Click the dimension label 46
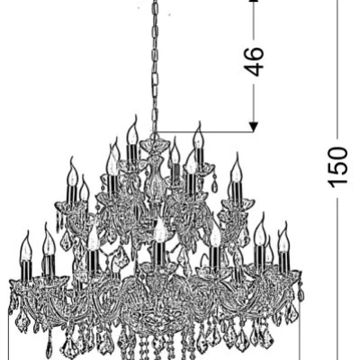pos(254,61)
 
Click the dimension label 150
pos(337,167)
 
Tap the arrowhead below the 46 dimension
pos(254,127)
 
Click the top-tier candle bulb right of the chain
pos(198,137)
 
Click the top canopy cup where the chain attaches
pos(155,146)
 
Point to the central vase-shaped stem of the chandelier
pos(154,177)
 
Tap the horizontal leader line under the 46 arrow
pos(205,131)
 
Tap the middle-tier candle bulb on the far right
pos(237,168)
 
